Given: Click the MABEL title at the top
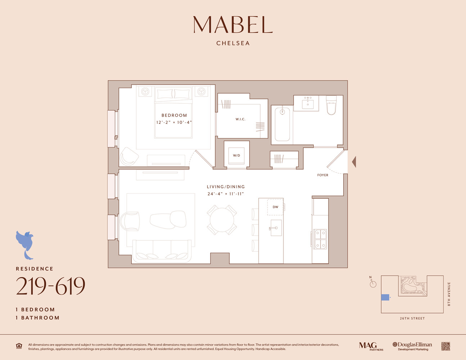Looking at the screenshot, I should (233, 25).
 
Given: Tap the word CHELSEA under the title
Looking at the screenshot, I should (233, 43).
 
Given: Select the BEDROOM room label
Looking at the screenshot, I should (174, 115).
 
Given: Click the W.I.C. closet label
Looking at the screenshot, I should (240, 119).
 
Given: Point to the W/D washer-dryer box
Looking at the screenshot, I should (236, 156).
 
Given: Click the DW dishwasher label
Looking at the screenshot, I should (275, 207).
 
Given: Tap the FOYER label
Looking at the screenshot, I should (323, 175).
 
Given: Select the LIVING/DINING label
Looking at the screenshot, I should (225, 187).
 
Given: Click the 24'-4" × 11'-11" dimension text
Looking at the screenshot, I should (225, 194).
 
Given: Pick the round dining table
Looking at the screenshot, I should (222, 220).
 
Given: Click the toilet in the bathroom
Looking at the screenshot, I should (331, 105).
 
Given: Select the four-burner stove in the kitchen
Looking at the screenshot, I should (320, 239).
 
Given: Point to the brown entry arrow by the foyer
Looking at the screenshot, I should (354, 162).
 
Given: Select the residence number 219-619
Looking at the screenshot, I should (50, 287).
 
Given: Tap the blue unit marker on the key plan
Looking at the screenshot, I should (385, 297).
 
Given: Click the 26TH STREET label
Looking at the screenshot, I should (412, 319).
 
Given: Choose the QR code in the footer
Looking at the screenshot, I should (445, 346).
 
